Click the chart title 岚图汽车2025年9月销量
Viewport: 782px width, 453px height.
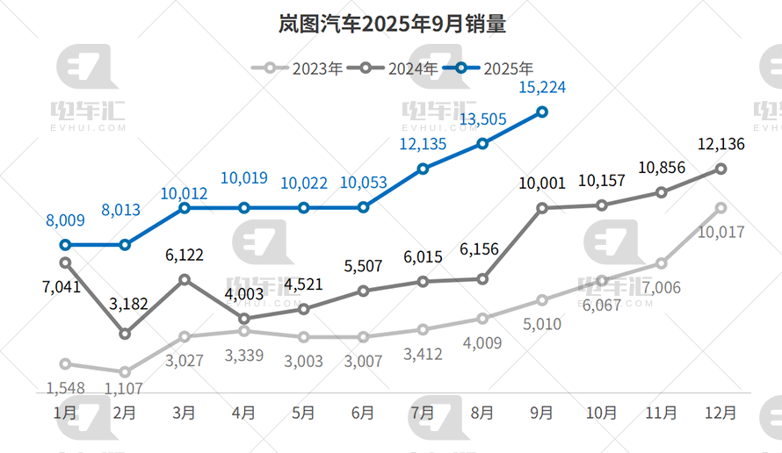point(392,24)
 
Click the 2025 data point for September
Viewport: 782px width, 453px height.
point(542,111)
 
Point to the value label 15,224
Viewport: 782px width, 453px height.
point(542,87)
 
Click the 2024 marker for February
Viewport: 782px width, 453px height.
point(125,334)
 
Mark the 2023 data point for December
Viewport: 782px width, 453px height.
point(720,208)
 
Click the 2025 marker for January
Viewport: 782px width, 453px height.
point(65,245)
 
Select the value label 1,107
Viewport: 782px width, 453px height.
point(123,387)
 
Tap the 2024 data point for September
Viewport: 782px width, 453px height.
point(542,208)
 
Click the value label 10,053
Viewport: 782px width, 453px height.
point(364,183)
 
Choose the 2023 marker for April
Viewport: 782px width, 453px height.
point(244,330)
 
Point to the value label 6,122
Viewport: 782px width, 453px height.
point(185,255)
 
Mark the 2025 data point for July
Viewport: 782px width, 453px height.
point(423,168)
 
